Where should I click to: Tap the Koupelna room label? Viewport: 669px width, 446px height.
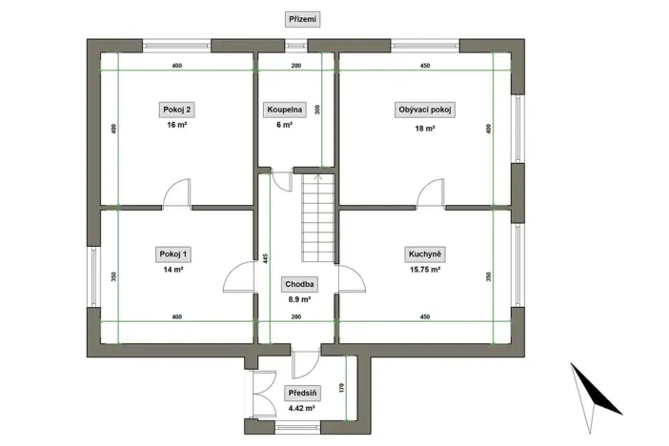pyautogui.click(x=285, y=110)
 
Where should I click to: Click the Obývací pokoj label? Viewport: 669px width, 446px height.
pyautogui.click(x=424, y=110)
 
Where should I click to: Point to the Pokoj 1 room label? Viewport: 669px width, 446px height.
pyautogui.click(x=173, y=253)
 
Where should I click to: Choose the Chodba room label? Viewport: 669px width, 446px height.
pyautogui.click(x=300, y=284)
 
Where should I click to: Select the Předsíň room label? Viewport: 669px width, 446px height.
pyautogui.click(x=302, y=394)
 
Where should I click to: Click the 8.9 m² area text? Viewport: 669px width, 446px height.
pyautogui.click(x=300, y=299)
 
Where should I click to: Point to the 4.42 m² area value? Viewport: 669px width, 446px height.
pyautogui.click(x=302, y=410)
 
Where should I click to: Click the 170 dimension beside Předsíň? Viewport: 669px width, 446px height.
pyautogui.click(x=341, y=388)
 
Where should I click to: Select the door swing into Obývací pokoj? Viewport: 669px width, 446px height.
pyautogui.click(x=430, y=193)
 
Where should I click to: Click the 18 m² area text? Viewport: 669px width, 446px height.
pyautogui.click(x=424, y=127)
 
